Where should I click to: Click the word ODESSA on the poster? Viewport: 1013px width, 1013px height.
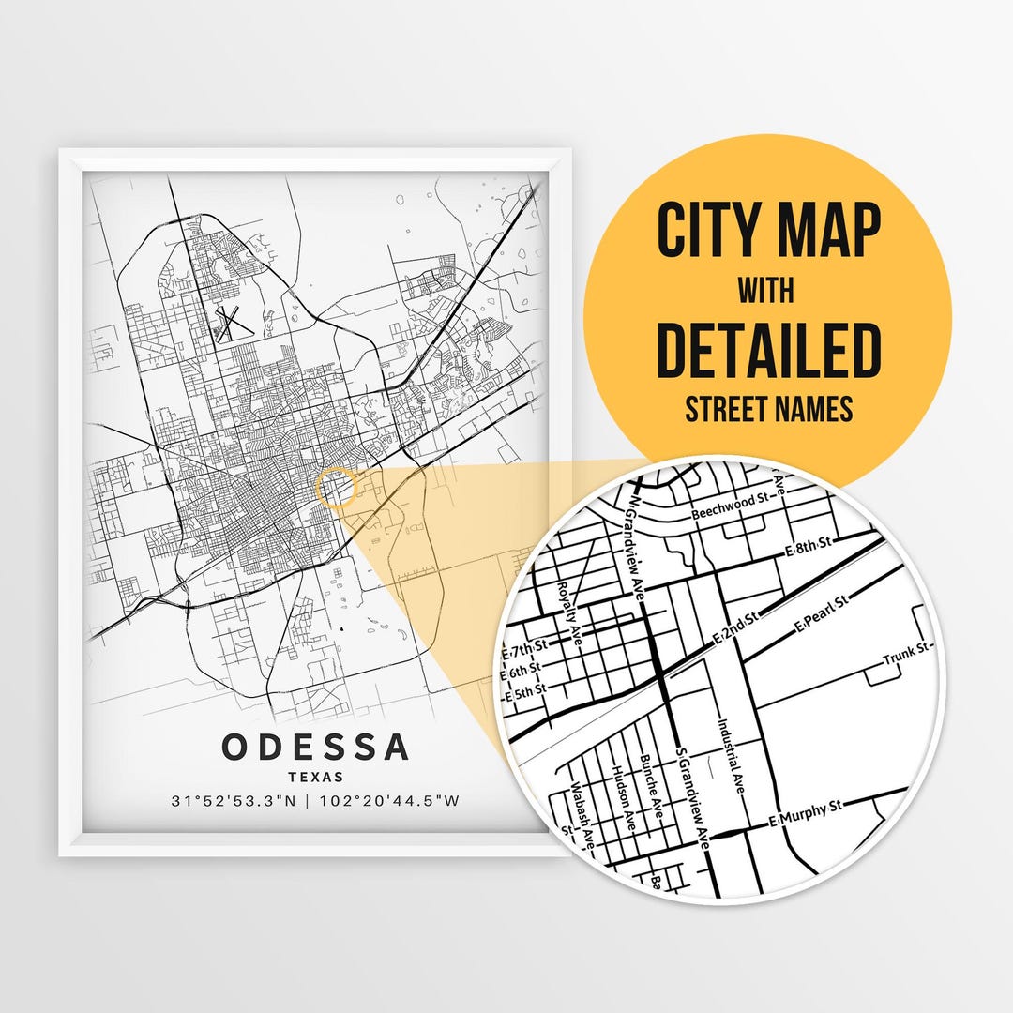point(315,748)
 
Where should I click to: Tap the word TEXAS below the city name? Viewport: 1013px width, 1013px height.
point(315,777)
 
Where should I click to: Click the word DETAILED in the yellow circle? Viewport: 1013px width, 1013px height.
point(768,348)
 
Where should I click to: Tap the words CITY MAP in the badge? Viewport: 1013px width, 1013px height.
point(768,230)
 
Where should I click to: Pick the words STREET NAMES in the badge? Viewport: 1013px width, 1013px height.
point(768,409)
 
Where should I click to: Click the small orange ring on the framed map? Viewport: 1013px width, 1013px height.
point(337,489)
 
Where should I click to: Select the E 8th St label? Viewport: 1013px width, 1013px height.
point(809,546)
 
